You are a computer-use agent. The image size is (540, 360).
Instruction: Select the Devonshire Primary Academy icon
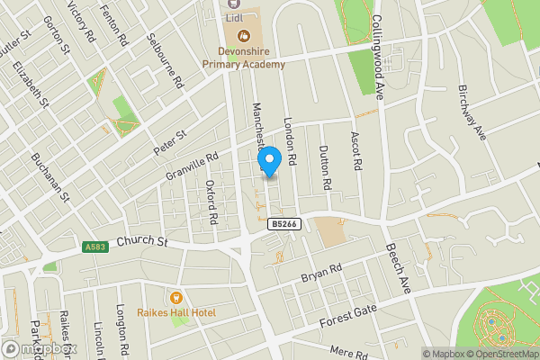click(x=241, y=36)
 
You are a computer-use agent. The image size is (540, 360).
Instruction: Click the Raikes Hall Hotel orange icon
click(x=175, y=297)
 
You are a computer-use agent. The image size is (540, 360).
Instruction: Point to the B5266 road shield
click(x=283, y=224)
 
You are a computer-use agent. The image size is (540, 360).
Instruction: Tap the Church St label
click(x=142, y=241)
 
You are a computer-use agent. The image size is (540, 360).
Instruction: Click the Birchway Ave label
click(x=471, y=112)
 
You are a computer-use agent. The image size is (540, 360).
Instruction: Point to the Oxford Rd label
click(x=211, y=203)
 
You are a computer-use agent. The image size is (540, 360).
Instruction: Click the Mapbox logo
click(x=38, y=348)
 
